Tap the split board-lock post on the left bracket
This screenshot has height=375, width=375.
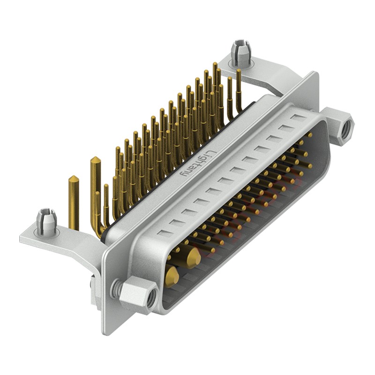tap(46, 222)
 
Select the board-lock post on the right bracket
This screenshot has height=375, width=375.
tap(240, 52)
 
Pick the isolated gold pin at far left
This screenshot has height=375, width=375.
tap(74, 202)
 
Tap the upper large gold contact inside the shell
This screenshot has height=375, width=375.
tap(192, 257)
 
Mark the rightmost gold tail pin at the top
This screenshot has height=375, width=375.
tap(239, 89)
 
